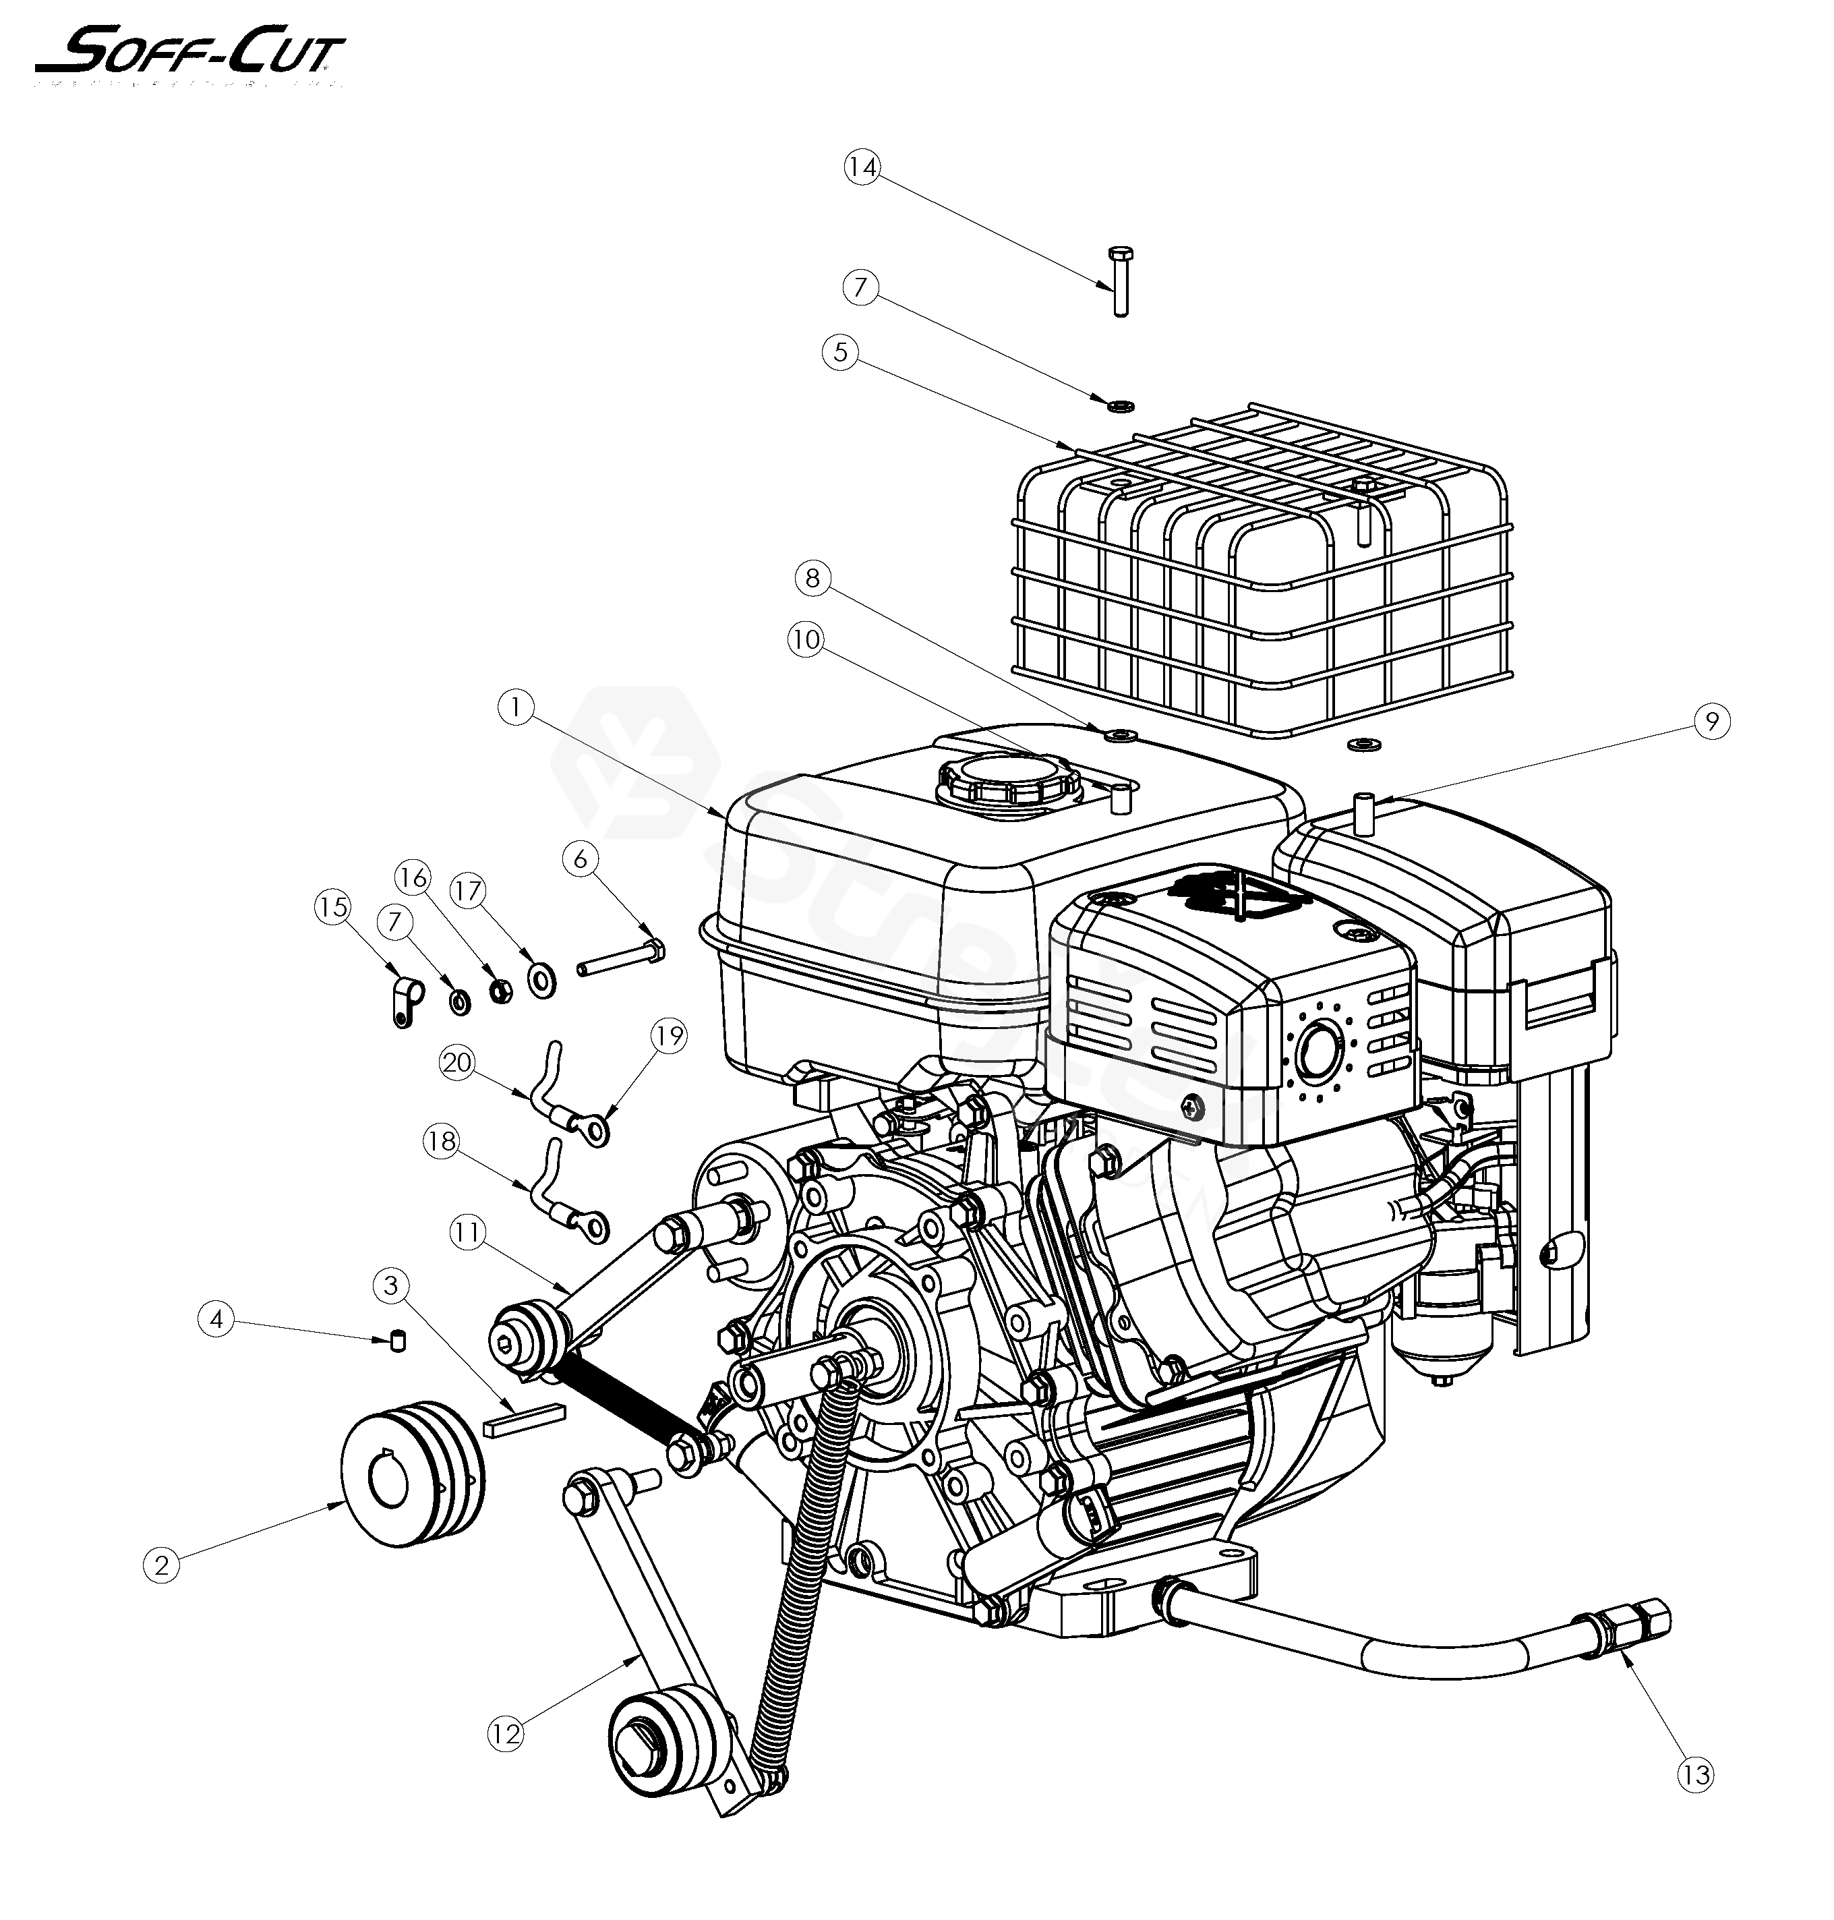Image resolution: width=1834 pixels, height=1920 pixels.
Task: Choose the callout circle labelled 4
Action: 216,1320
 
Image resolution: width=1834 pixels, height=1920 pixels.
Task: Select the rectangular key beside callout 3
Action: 524,1420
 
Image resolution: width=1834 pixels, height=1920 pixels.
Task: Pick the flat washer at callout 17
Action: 541,979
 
